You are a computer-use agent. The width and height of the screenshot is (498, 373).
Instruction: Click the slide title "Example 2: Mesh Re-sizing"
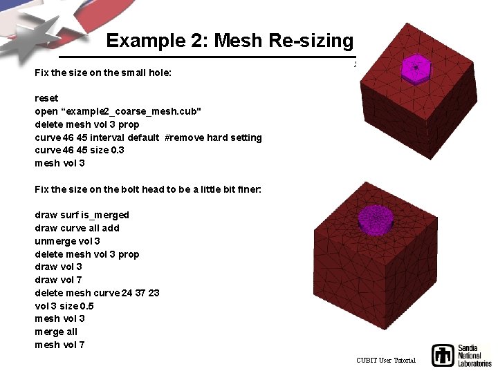[x=230, y=41]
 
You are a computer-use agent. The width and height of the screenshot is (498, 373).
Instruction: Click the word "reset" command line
[x=46, y=98]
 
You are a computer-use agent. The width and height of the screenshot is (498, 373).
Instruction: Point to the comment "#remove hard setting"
[x=213, y=137]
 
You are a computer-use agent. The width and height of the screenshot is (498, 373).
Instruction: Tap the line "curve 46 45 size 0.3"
[x=80, y=150]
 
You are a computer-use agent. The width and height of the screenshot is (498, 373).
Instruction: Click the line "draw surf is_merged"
[x=82, y=215]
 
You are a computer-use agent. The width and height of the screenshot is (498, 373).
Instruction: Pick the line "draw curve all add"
[x=77, y=228]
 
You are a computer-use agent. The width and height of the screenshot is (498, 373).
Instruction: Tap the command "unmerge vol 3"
[x=67, y=241]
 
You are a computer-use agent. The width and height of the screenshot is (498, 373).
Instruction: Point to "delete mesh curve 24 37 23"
[x=97, y=293]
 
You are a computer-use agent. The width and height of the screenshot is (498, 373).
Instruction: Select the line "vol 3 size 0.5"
[x=64, y=306]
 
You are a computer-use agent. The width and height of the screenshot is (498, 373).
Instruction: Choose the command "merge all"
[x=56, y=332]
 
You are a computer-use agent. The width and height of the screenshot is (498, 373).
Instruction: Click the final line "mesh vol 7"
[x=59, y=345]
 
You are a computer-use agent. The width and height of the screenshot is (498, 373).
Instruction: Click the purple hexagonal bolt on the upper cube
[x=416, y=68]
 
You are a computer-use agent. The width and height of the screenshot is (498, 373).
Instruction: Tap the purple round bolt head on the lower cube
[x=376, y=220]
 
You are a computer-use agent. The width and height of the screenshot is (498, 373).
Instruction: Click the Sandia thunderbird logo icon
[x=443, y=355]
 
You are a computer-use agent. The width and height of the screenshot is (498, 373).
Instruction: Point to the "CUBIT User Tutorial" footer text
[x=386, y=361]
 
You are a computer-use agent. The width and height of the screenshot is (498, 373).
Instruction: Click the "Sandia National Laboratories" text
[x=474, y=355]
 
